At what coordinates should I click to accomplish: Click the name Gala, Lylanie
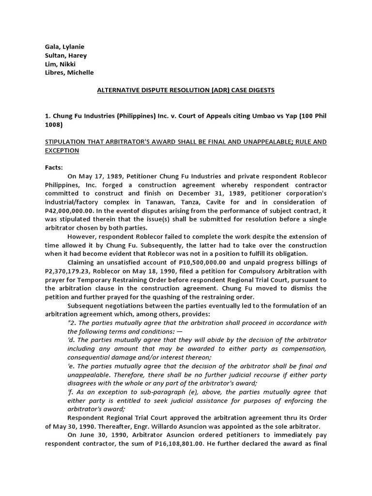point(64,47)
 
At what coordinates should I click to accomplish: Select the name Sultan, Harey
point(65,56)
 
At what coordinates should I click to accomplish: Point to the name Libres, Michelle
point(69,73)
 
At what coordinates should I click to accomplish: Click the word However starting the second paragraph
point(82,236)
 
